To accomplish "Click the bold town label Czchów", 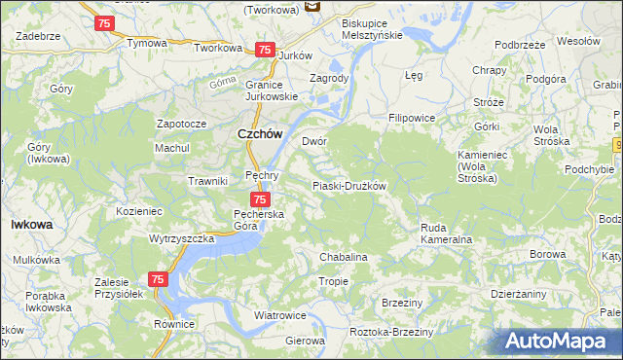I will pyautogui.click(x=260, y=136).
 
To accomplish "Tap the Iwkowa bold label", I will pyautogui.click(x=31, y=224).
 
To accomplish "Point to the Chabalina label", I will pyautogui.click(x=344, y=257).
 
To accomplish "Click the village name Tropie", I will pyautogui.click(x=333, y=281).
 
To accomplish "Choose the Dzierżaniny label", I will pyautogui.click(x=518, y=293).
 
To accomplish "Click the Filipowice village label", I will pyautogui.click(x=411, y=118).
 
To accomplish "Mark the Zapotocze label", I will pyautogui.click(x=181, y=125).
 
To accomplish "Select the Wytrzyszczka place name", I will pyautogui.click(x=181, y=238).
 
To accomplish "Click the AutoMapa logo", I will pyautogui.click(x=558, y=342).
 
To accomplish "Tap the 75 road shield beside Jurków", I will pyautogui.click(x=263, y=50).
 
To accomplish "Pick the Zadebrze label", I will pyautogui.click(x=39, y=36).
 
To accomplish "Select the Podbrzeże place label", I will pyautogui.click(x=519, y=45).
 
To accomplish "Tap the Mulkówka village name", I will pyautogui.click(x=36, y=260).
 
